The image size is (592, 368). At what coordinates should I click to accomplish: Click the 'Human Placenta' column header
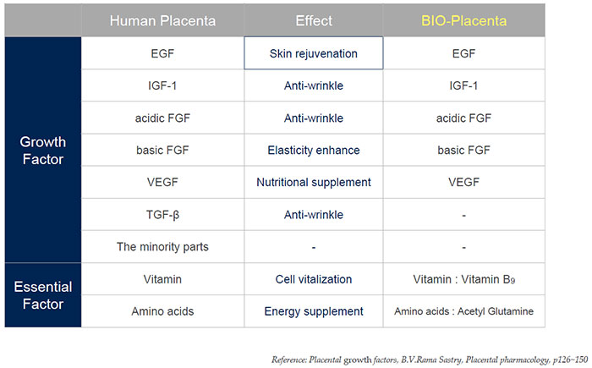(x=162, y=20)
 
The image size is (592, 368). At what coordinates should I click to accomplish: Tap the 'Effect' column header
(x=313, y=20)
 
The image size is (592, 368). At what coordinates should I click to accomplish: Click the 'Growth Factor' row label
(x=42, y=150)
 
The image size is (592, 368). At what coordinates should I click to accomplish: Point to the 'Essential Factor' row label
(x=42, y=295)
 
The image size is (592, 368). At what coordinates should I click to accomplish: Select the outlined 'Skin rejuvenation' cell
(x=313, y=53)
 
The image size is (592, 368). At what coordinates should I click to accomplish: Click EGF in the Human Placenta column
(x=162, y=53)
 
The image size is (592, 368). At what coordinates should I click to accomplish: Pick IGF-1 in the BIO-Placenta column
(x=463, y=85)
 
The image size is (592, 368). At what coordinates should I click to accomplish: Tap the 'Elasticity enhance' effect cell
(x=313, y=151)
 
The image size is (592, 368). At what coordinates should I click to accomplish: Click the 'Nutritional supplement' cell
(x=313, y=183)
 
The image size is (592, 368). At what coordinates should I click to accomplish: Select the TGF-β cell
(x=162, y=215)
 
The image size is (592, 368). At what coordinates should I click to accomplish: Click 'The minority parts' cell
(x=162, y=247)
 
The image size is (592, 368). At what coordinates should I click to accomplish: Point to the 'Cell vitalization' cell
(x=313, y=279)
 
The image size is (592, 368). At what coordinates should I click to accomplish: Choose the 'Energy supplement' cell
(x=313, y=311)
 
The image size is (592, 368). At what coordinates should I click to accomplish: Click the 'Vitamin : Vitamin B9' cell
(x=463, y=279)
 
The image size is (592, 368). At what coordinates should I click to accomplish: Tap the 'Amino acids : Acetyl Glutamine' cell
(x=463, y=311)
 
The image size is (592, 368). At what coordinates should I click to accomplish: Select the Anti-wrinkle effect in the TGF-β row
(x=313, y=215)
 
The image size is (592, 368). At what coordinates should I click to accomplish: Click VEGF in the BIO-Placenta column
(x=463, y=183)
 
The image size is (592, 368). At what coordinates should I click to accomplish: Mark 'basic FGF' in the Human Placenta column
(x=162, y=151)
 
